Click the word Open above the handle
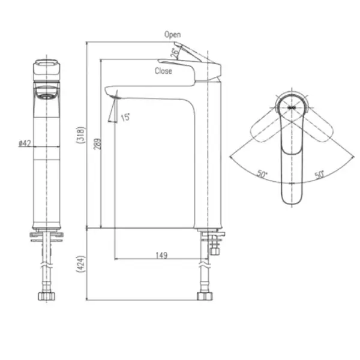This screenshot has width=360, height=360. pos(173,35)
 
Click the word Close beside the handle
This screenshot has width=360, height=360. pos(163,71)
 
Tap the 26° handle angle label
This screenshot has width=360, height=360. pos(175,52)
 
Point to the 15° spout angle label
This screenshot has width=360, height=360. pos(125,118)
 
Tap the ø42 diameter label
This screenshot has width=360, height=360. pos(25,143)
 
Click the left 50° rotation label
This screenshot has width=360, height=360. pos(262,175)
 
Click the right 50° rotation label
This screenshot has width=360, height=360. pos(319,175)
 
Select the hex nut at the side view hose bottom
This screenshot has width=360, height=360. pos(204,295)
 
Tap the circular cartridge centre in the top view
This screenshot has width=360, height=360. pos(292,106)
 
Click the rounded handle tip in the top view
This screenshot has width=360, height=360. pos(292,198)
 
